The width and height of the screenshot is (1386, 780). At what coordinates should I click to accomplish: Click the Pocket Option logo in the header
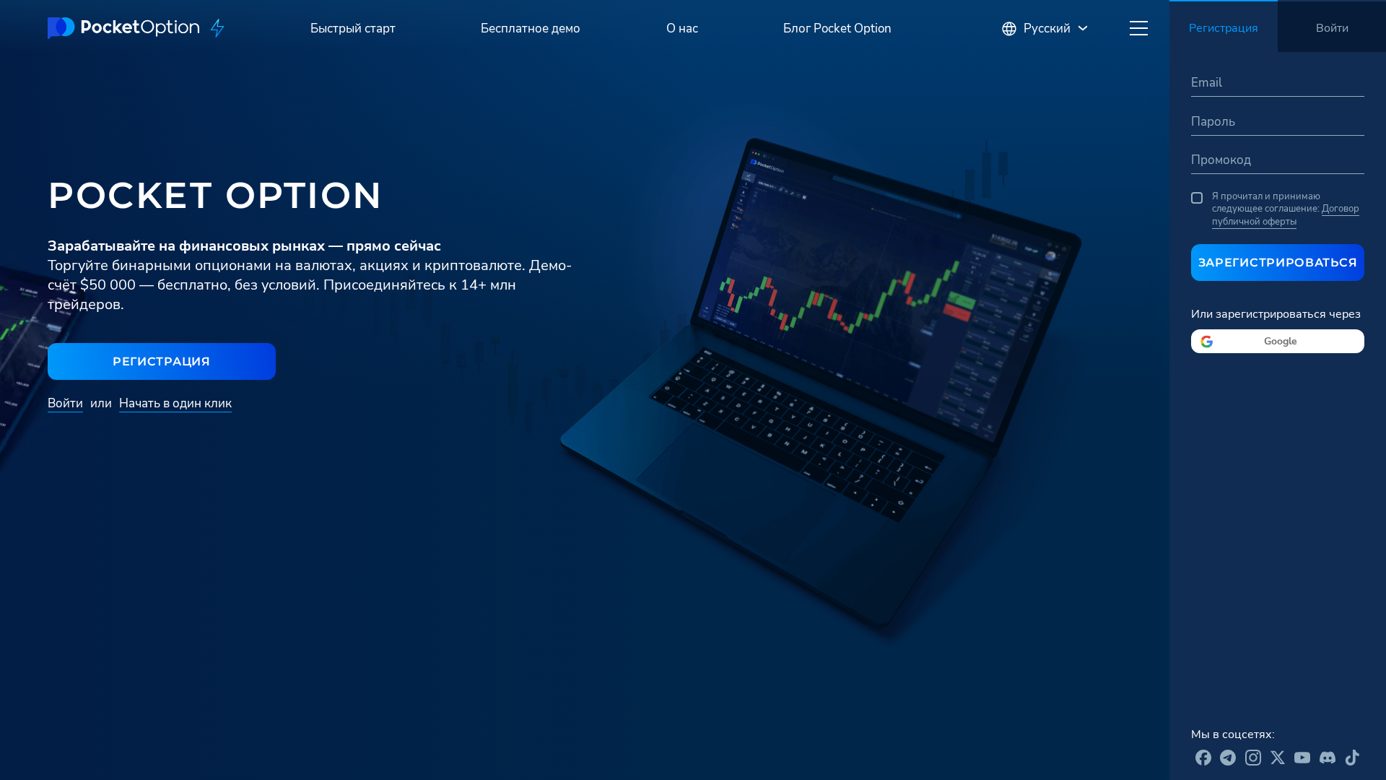(123, 28)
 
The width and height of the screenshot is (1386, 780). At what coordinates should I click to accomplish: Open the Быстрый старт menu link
(353, 29)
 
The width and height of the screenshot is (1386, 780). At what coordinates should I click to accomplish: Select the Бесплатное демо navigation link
(531, 29)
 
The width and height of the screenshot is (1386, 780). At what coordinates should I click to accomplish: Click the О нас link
(682, 29)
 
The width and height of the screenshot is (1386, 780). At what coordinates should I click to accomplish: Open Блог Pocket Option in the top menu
(837, 29)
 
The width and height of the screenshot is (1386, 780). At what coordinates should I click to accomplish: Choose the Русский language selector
(1045, 29)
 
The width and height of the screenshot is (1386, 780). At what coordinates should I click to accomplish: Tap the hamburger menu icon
(1138, 28)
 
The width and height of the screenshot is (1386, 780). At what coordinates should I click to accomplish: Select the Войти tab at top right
(1332, 28)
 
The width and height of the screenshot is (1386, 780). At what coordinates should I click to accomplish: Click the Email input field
(1278, 83)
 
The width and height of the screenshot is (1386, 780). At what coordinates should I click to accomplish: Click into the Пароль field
(1278, 122)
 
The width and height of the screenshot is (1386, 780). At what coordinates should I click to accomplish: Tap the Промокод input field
(1278, 160)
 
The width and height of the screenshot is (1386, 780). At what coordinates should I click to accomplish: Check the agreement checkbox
(1197, 198)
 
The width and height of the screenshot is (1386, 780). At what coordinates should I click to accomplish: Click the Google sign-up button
(1278, 342)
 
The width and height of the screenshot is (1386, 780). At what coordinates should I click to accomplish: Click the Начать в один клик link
(175, 404)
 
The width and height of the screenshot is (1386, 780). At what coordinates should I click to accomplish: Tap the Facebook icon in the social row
(1203, 758)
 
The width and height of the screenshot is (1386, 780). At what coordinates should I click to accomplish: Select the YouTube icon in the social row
(1302, 758)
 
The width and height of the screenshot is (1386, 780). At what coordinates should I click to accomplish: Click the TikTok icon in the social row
(1352, 758)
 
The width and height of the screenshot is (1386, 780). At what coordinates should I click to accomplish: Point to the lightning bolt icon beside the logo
(217, 28)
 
